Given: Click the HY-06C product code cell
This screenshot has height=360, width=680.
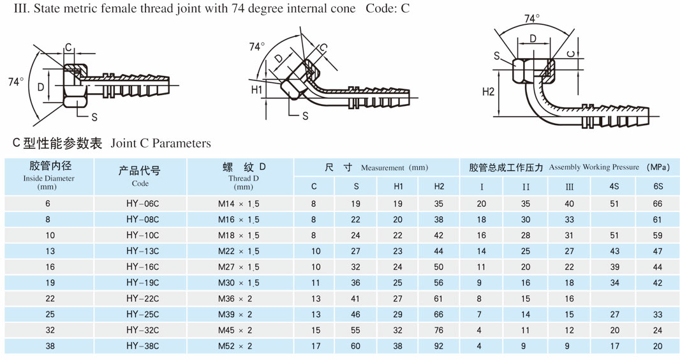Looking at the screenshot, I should pos(142,204).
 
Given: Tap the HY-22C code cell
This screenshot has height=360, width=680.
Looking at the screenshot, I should pos(142,298).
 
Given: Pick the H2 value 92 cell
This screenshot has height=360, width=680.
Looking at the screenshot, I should pos(439,346).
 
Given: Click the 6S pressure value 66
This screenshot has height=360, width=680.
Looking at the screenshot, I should pos(658,204).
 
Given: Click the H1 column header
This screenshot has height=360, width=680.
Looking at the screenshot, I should pos(398,186).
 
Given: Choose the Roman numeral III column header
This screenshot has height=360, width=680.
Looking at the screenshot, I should pos(569,186).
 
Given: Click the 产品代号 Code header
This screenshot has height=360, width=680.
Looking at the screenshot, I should pos(140,176).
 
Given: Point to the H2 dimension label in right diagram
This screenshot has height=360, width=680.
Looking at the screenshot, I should pos(488,92).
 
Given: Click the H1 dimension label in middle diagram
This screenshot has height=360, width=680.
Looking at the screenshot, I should pos(256,90).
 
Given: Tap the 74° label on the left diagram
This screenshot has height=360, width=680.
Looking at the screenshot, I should pos(16,82).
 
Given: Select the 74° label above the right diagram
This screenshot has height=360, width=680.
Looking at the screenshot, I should pos(531,19).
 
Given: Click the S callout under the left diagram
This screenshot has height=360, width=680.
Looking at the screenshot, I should pos(94,117).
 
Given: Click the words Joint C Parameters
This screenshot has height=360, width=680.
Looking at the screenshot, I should pos(160,144).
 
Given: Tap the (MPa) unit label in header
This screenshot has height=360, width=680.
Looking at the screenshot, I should pos(658,167).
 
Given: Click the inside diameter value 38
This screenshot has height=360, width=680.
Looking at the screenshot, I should pos(50,346).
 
